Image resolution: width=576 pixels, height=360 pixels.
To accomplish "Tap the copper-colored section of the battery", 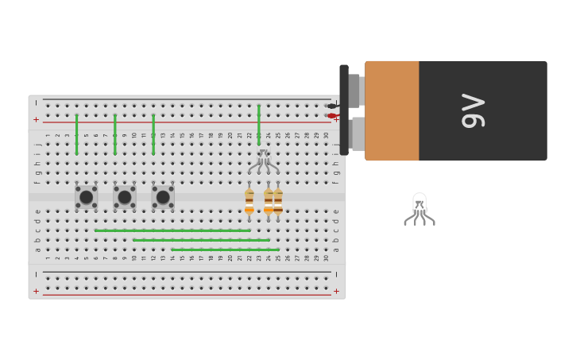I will pos(392,110).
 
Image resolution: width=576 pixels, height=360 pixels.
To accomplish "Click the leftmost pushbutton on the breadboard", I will pos(86,196).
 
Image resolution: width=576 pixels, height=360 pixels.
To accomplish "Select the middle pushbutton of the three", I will pos(124,196).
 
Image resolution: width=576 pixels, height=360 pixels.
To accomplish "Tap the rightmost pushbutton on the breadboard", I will pos(163,196).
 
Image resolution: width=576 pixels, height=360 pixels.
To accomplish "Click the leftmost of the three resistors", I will pos(249,201).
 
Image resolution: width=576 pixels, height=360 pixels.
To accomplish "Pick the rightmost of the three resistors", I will pos(278,201).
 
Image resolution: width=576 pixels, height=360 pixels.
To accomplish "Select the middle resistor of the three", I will pos(269,201).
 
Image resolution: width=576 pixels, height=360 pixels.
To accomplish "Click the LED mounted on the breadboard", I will pos(263,161).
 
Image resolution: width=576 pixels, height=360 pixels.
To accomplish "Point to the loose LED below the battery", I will pos(419,207).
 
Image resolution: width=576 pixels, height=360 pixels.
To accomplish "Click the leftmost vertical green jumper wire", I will pos(76,134).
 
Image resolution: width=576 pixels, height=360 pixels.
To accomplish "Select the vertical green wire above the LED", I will pos(259,126).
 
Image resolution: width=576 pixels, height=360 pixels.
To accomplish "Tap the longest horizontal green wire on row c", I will pos(172,230).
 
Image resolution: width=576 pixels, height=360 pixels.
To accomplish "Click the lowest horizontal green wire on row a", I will pos(226,250).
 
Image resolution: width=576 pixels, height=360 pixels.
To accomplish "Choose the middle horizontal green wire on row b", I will pos(201,240).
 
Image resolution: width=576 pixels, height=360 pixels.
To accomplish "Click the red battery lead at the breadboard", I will pos(332,116).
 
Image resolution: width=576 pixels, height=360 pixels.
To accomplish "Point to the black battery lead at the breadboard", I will pos(332,106).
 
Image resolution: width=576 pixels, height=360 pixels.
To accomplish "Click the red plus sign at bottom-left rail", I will pos(36,291).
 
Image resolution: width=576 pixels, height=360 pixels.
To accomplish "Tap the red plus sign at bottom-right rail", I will pos(336,291).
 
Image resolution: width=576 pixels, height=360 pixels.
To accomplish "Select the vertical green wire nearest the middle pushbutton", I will pos(114,134).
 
